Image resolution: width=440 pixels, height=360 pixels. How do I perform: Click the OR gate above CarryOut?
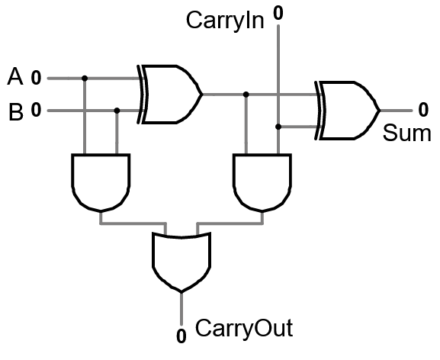(181, 259)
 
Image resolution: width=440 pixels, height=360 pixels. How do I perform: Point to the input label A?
(14, 76)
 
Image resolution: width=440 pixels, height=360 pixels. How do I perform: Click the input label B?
(14, 112)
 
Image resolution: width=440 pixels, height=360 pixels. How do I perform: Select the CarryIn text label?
(226, 21)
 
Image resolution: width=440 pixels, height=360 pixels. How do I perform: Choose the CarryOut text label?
(244, 329)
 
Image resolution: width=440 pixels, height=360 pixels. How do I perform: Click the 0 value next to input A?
(36, 78)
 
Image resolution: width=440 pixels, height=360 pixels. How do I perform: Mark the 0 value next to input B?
(36, 111)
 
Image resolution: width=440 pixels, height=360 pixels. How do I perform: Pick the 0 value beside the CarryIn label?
(278, 13)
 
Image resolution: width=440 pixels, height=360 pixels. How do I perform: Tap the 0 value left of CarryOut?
(181, 335)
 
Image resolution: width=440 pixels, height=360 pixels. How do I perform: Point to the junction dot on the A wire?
(84, 78)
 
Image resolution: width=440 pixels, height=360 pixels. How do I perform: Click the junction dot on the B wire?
(117, 111)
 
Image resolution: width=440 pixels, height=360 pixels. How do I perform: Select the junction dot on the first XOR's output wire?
(246, 95)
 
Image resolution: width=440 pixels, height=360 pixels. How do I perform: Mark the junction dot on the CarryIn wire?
(278, 127)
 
